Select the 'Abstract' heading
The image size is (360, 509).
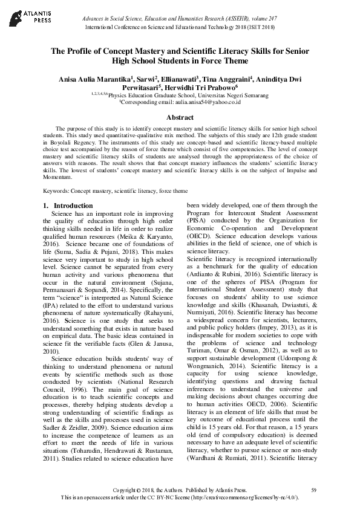pos(180,117)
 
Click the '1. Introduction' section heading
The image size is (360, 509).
pos(68,206)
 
